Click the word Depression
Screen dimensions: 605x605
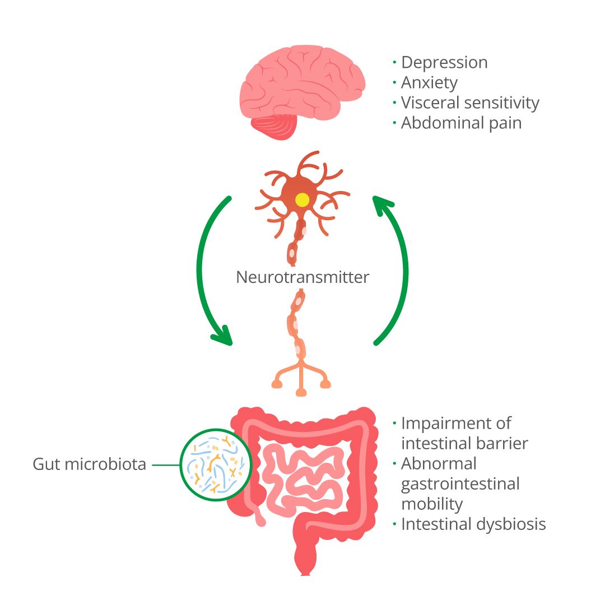coord(444,63)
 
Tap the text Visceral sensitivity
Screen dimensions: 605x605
coord(470,103)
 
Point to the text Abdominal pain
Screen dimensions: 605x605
coord(461,123)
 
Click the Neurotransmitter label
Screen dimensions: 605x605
coord(302,277)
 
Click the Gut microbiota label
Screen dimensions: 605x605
coord(89,464)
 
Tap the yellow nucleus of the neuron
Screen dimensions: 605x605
coord(302,199)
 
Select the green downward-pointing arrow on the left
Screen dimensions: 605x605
coord(205,269)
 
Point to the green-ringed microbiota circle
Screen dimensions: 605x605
coord(215,464)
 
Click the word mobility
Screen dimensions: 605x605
coord(432,504)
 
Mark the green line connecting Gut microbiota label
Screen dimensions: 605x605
coord(165,464)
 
